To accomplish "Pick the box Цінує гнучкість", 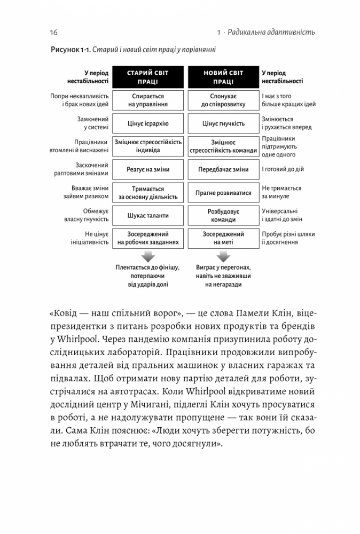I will pos(223,123).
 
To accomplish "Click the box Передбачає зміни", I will pos(223,169).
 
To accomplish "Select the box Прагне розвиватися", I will pos(223,192).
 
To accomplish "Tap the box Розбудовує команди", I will pos(223,215).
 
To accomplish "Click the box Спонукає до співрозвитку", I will pos(223,100).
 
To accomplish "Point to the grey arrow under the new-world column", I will pos(223,257).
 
